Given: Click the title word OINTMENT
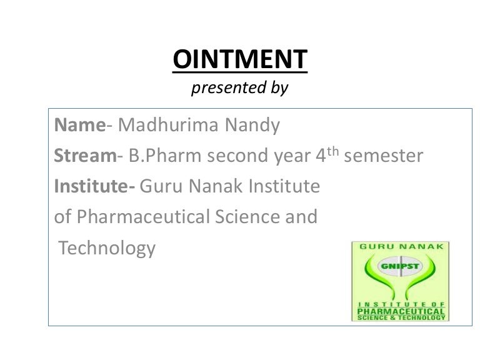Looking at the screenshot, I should point(240,60).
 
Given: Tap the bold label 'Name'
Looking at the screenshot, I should point(79,126).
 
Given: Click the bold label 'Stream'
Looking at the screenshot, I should point(85,156).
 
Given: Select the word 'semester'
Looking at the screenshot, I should point(384,156).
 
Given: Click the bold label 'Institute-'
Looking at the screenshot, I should point(95,186).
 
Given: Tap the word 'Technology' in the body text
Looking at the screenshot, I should point(107,248).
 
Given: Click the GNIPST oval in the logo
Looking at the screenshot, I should point(401,265).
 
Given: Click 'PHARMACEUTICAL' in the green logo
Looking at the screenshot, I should point(401,310).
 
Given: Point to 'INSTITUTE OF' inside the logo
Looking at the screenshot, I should point(401,302).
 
